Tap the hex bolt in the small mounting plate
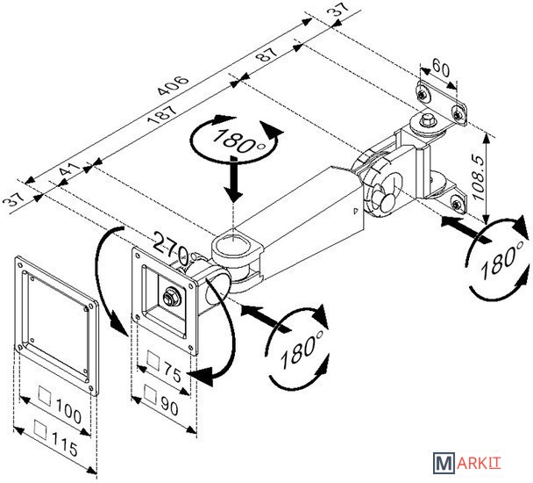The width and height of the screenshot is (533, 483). (168, 297)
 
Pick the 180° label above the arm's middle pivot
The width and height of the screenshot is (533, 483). (217, 141)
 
